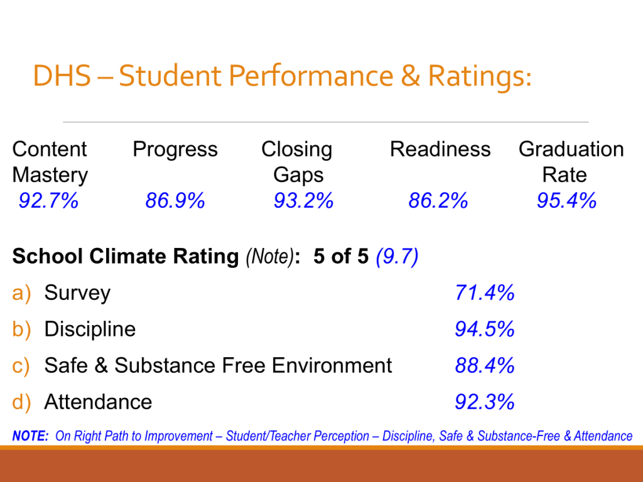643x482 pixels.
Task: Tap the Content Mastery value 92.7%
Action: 48,201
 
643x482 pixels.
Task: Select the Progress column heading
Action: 175,149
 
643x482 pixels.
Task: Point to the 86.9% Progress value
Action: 175,201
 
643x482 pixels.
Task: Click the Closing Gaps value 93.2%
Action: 303,201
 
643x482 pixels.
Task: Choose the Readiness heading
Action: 440,149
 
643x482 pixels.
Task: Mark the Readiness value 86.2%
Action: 438,201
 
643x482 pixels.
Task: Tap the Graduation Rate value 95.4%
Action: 566,201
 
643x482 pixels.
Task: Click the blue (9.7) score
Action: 397,257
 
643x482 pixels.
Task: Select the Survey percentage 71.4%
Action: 485,292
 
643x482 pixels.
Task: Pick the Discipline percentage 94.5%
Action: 485,329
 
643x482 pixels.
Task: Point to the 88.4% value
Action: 485,365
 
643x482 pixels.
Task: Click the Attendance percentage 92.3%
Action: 485,402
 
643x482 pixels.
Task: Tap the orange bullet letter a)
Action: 21,293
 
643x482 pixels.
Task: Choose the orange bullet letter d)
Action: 21,402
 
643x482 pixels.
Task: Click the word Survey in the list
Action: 77,293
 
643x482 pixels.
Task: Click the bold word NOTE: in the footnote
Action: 31,436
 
